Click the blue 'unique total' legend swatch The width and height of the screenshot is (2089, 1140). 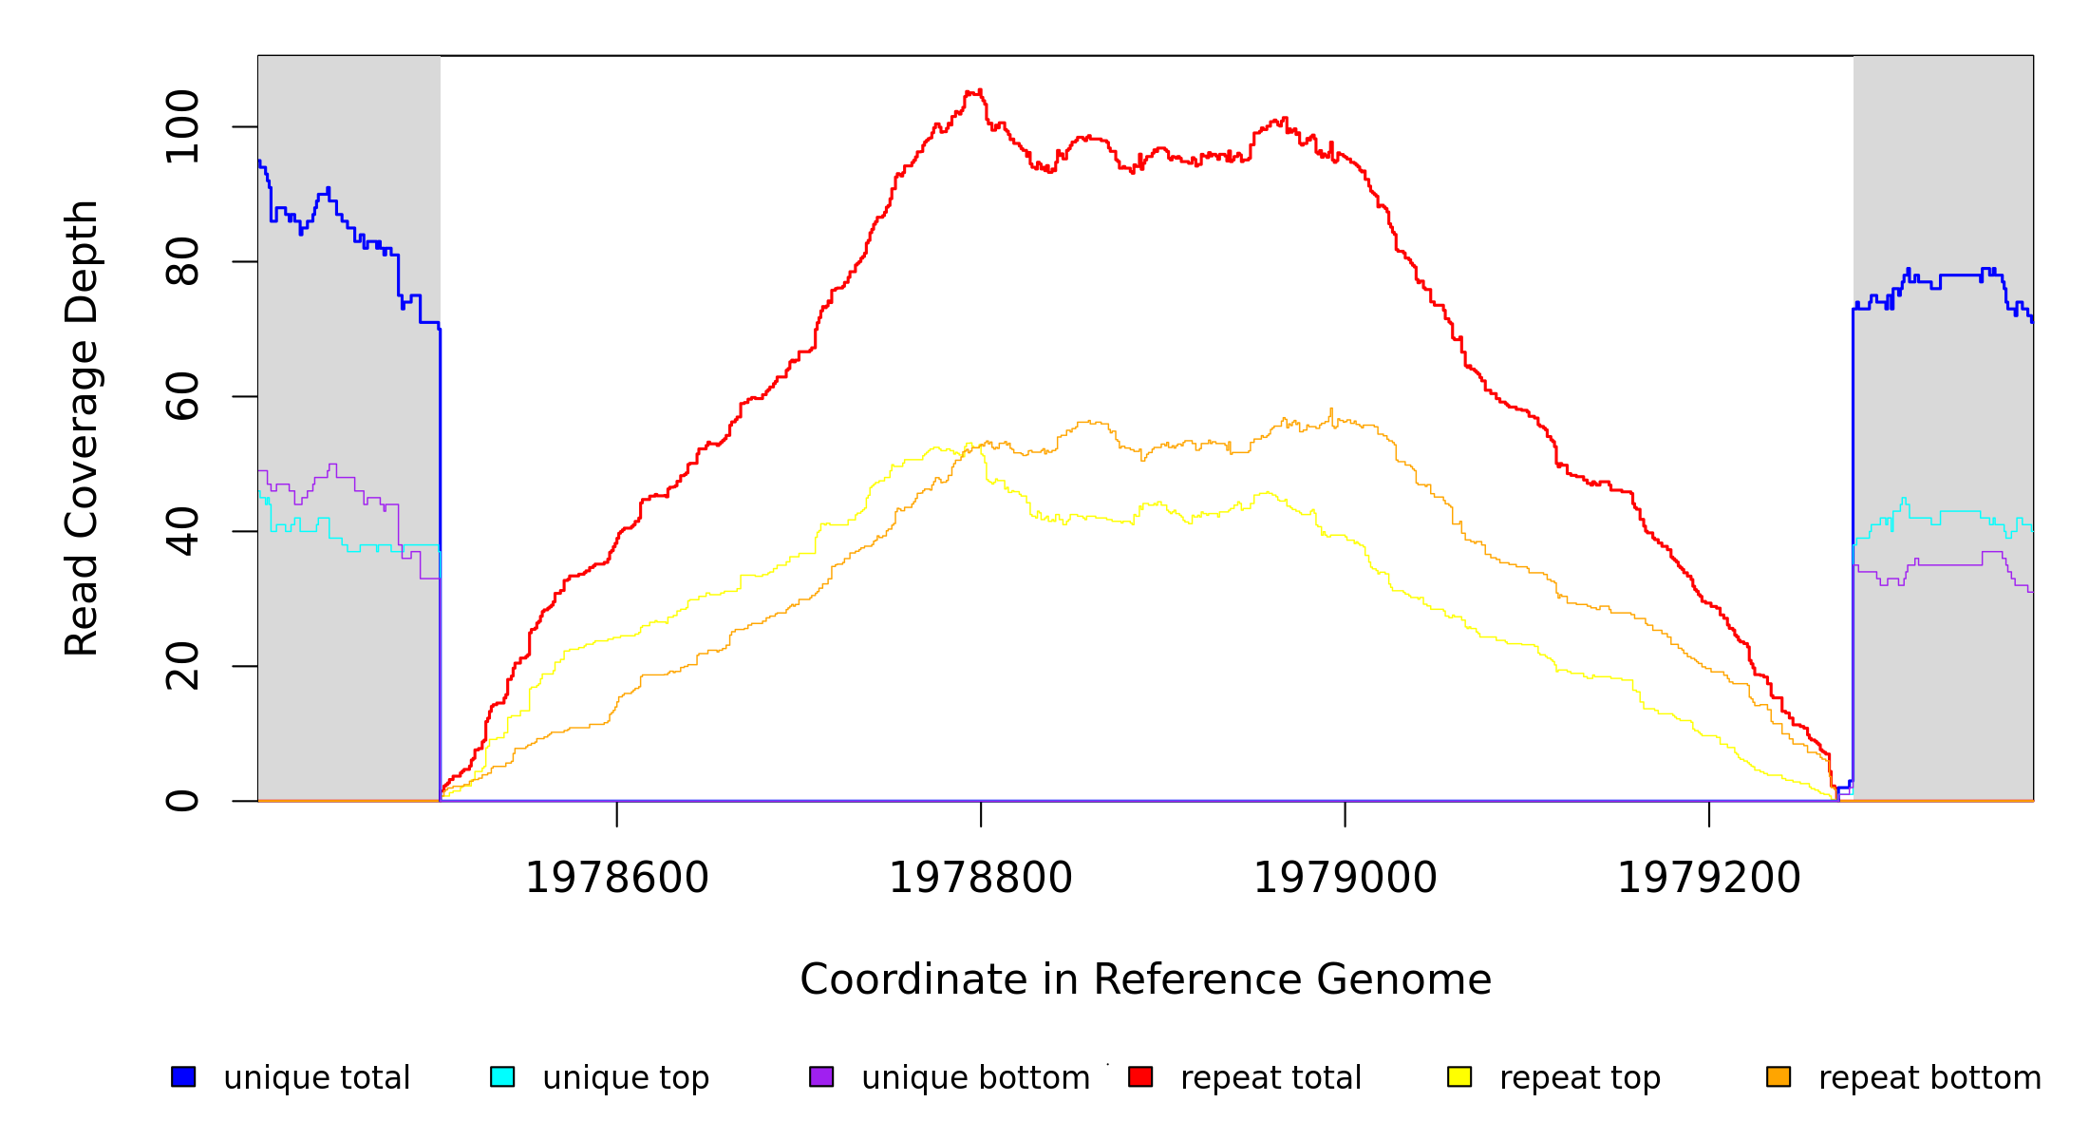[x=183, y=1076]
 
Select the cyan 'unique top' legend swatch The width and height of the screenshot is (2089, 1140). [x=502, y=1076]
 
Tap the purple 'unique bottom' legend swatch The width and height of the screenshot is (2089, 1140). [x=821, y=1076]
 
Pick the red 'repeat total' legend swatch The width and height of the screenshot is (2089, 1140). [x=1140, y=1076]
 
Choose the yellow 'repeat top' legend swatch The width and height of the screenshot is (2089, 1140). [x=1459, y=1076]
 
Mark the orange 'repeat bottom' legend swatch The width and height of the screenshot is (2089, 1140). [x=1778, y=1076]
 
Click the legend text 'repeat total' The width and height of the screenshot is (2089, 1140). [x=1270, y=1078]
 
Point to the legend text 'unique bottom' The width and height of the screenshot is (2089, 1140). [x=975, y=1078]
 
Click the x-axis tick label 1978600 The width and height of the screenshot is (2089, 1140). [x=617, y=878]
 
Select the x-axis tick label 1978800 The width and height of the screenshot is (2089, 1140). [x=981, y=878]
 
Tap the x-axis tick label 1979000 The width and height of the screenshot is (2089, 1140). [x=1345, y=878]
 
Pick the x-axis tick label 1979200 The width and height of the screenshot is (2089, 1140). [x=1708, y=878]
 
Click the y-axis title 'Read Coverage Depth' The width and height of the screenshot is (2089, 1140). [x=82, y=427]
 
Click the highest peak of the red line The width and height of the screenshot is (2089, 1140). [x=974, y=92]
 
